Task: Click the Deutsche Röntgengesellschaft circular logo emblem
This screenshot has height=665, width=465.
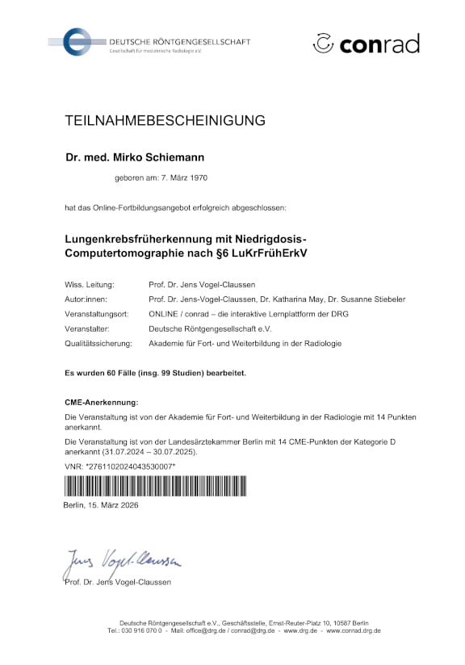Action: pyautogui.click(x=79, y=41)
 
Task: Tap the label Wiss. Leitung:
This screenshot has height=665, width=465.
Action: pyautogui.click(x=90, y=285)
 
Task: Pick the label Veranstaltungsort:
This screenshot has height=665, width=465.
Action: pyautogui.click(x=97, y=314)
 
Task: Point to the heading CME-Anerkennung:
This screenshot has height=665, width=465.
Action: pyautogui.click(x=102, y=401)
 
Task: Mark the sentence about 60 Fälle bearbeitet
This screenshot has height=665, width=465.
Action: pyautogui.click(x=155, y=373)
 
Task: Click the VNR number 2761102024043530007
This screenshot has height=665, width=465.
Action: pyautogui.click(x=124, y=467)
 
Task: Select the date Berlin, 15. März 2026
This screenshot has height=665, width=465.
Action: pyautogui.click(x=101, y=504)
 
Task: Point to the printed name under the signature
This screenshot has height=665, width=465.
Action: pyautogui.click(x=117, y=582)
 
